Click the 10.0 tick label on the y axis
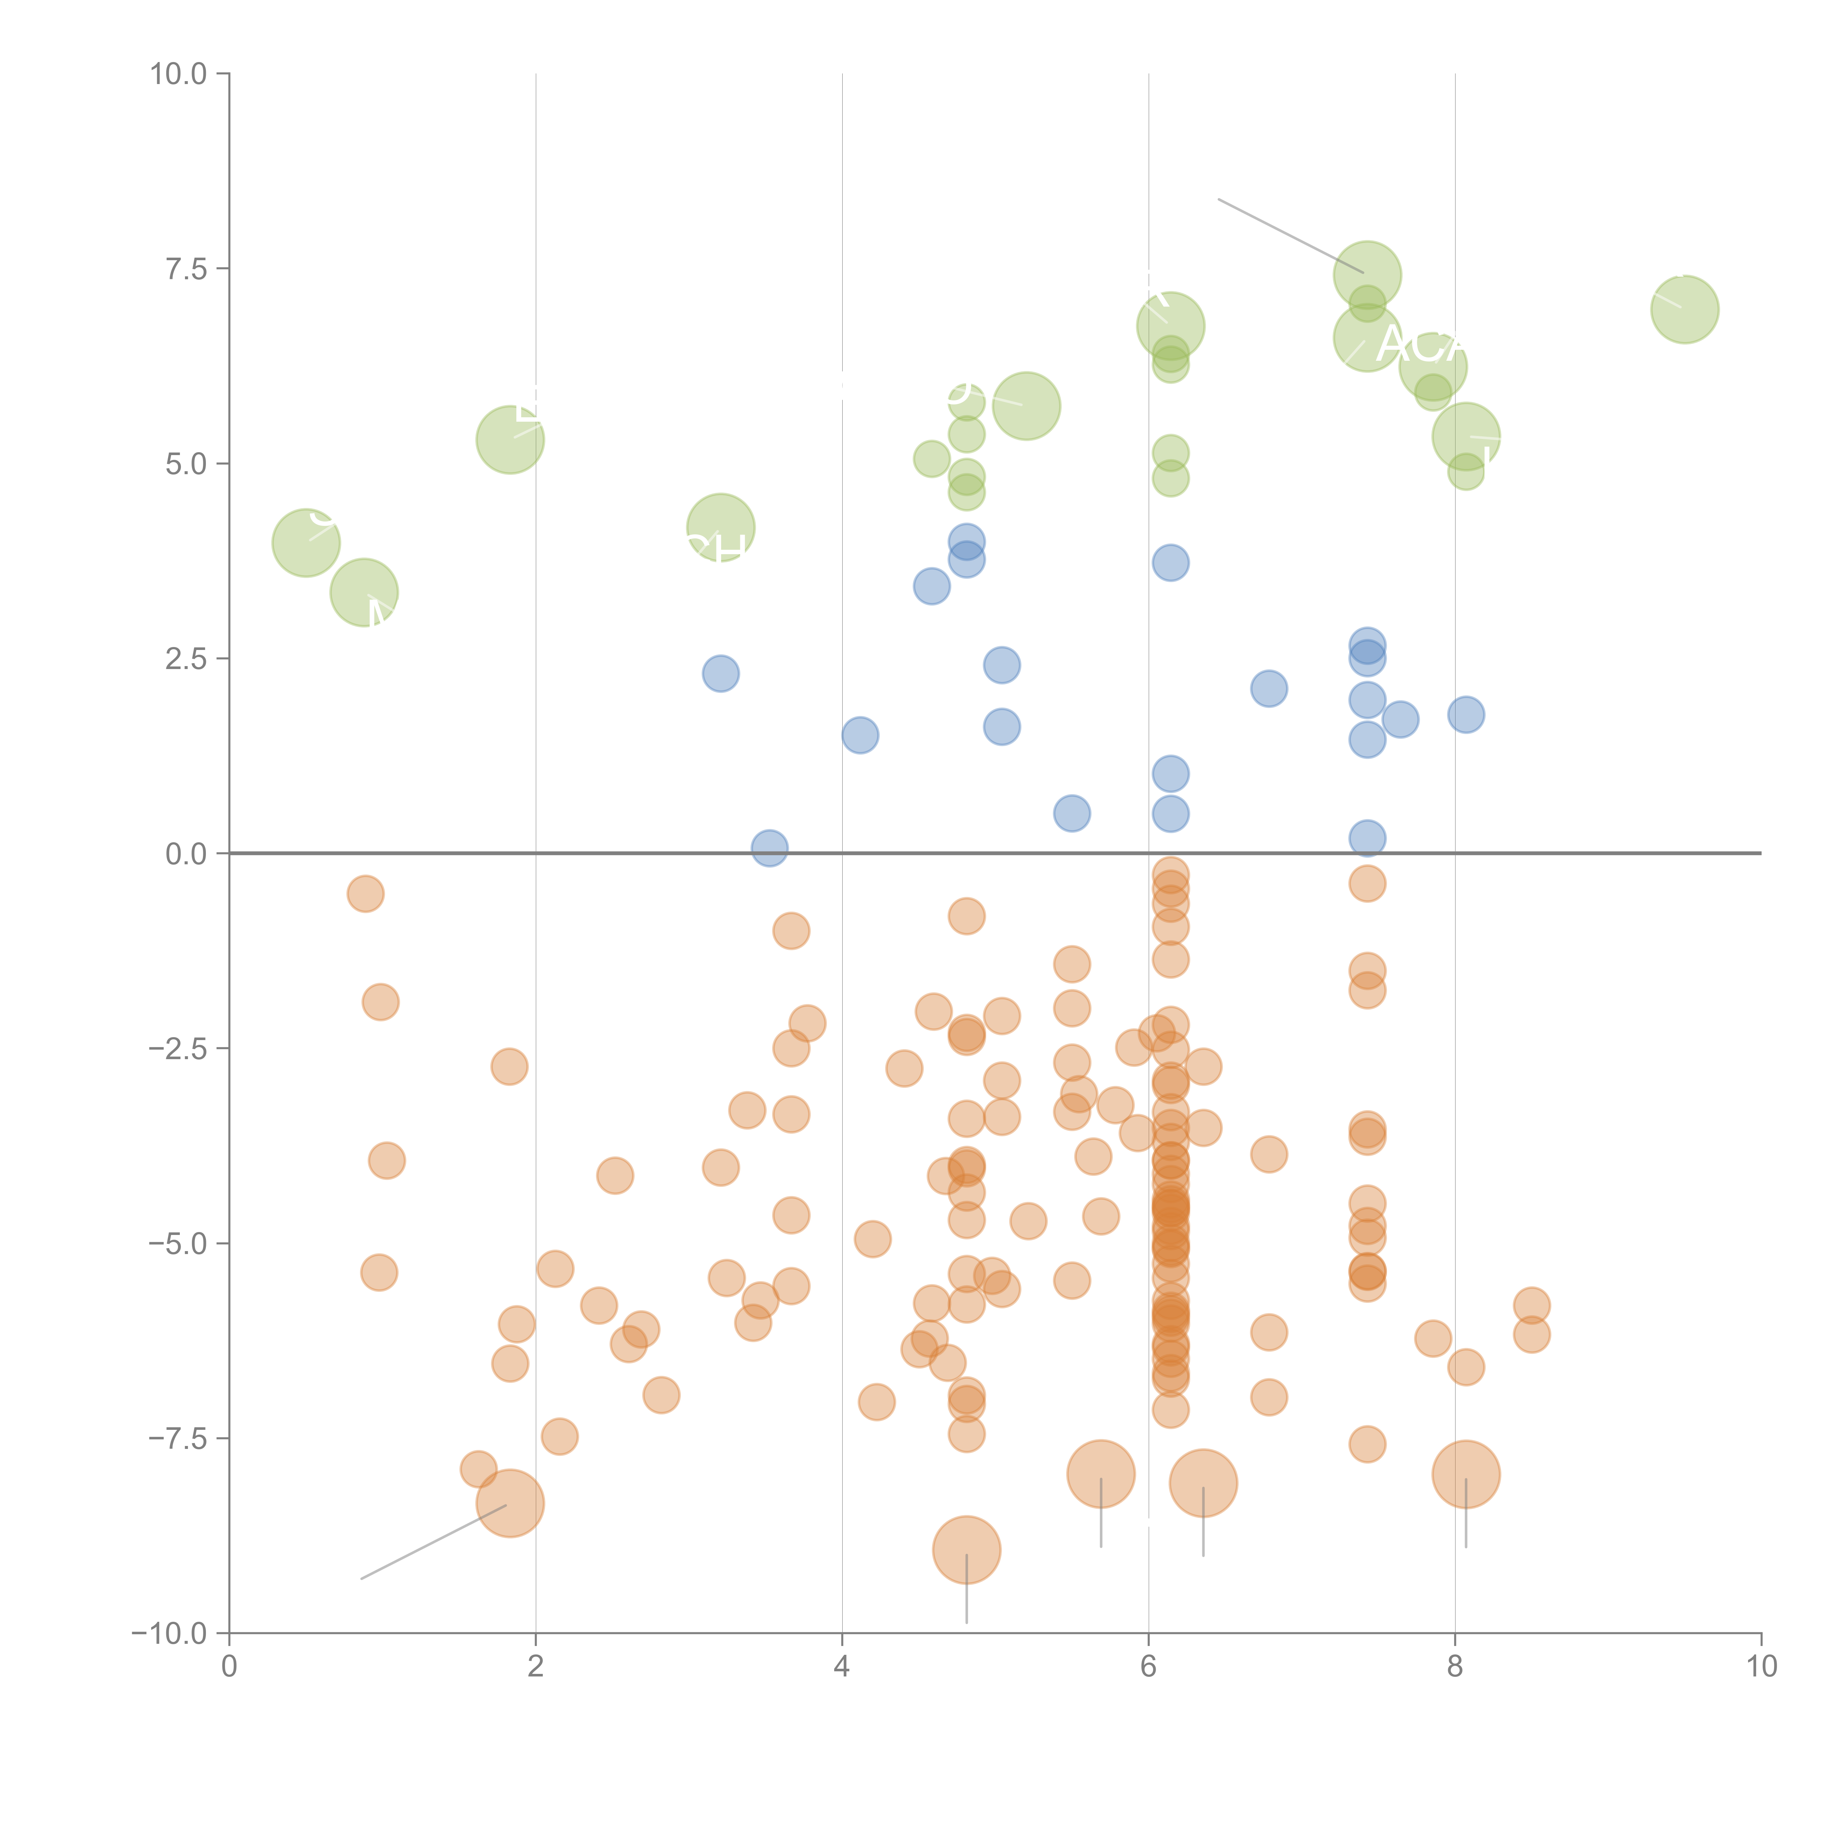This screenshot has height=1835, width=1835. (179, 74)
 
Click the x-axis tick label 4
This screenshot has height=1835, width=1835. (842, 1667)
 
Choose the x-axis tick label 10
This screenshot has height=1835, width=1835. (1761, 1667)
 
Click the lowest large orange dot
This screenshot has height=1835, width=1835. (966, 1550)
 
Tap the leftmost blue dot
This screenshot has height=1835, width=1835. (721, 673)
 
